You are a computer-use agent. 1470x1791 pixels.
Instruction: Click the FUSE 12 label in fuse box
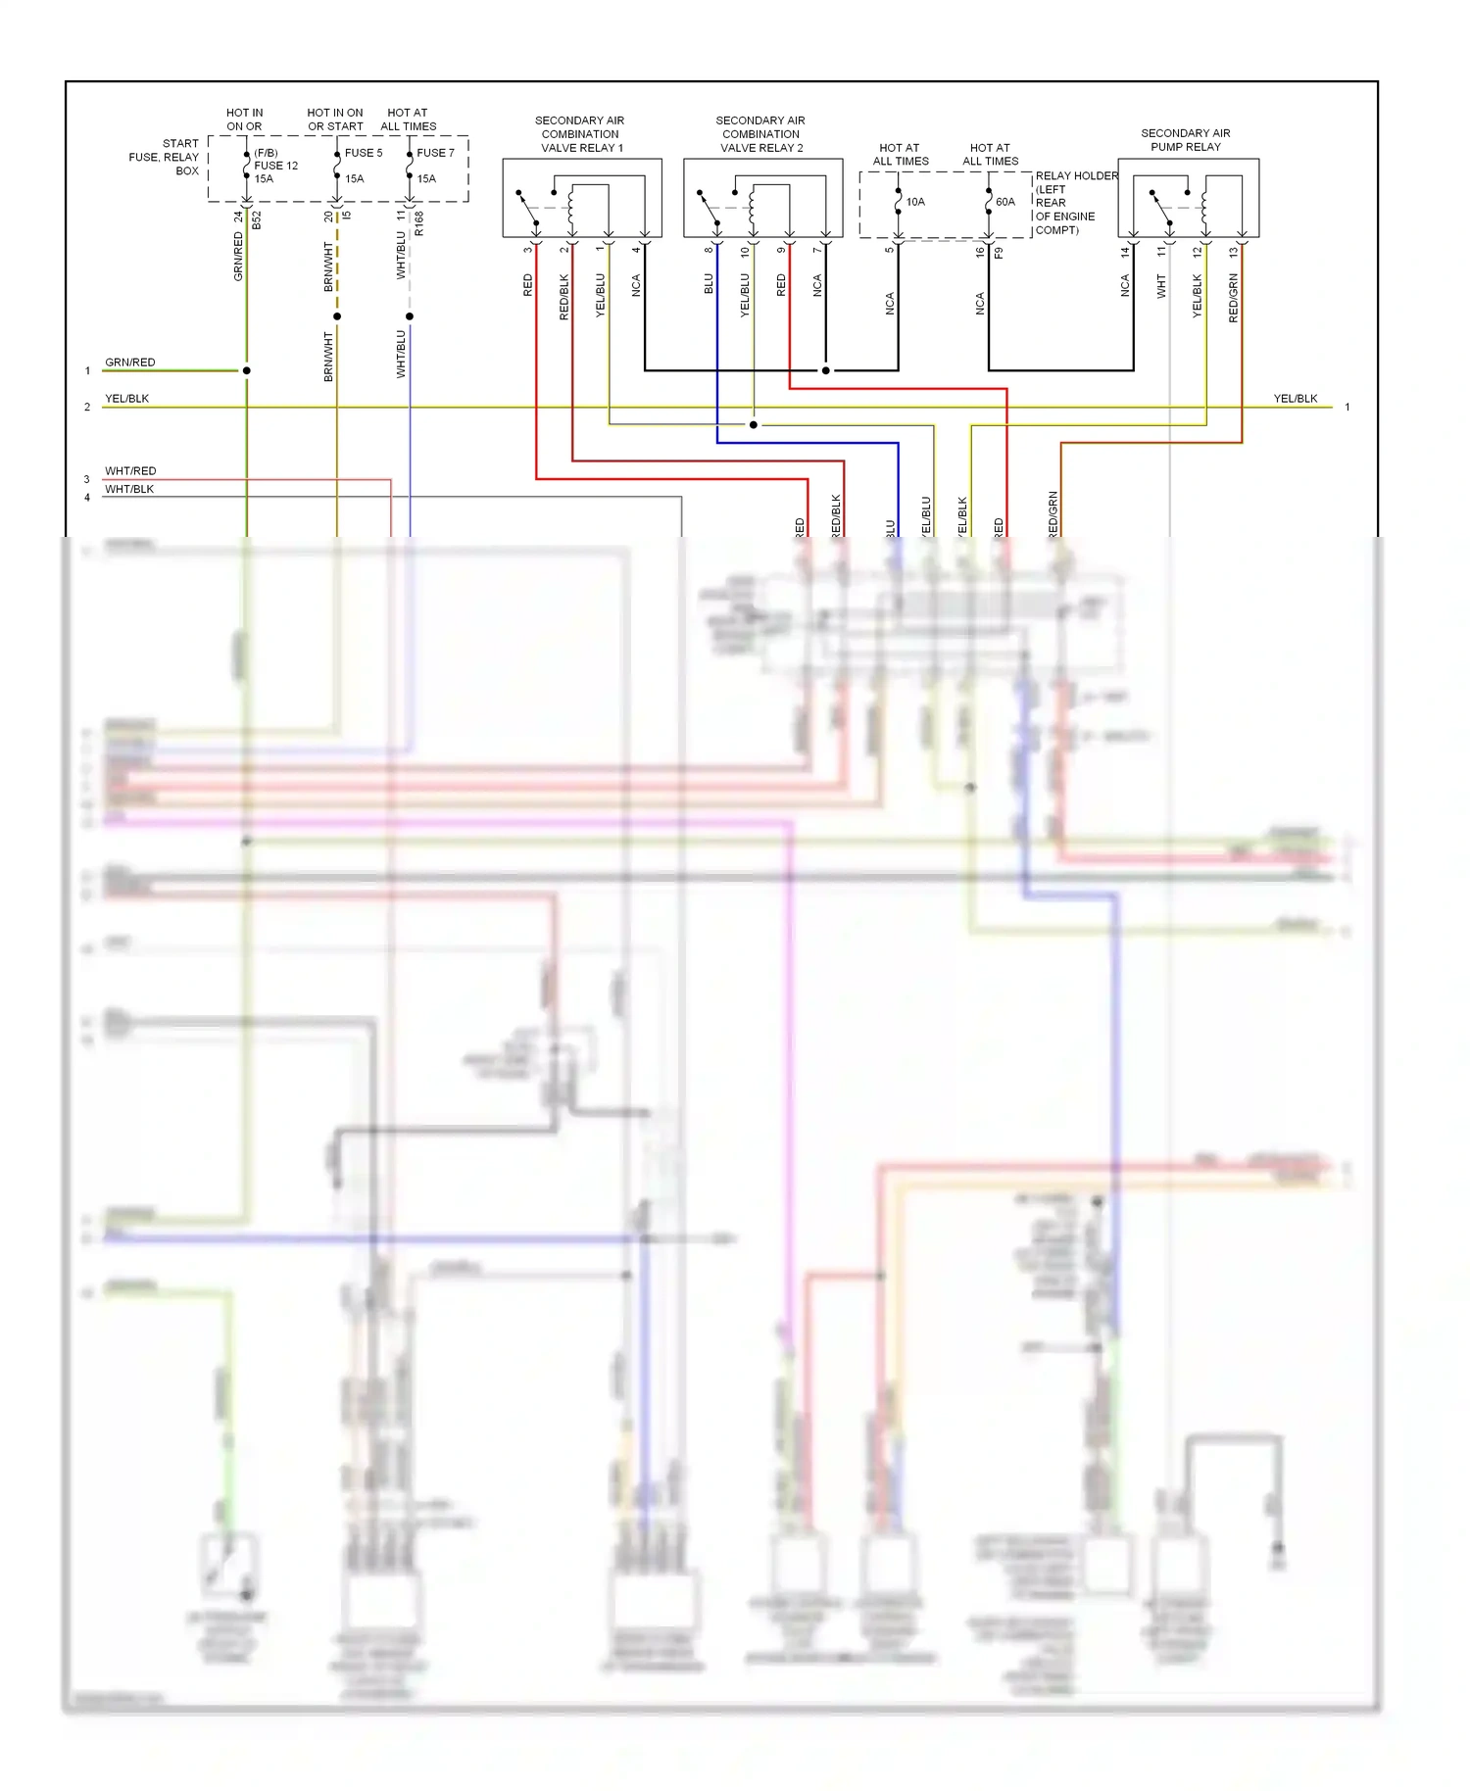pyautogui.click(x=275, y=166)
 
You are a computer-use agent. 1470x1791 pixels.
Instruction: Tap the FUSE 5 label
pyautogui.click(x=363, y=153)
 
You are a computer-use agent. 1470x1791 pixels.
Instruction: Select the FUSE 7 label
pyautogui.click(x=435, y=153)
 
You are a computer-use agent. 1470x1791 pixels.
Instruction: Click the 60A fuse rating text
pyautogui.click(x=1005, y=202)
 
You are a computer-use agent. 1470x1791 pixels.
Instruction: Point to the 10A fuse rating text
pyautogui.click(x=915, y=202)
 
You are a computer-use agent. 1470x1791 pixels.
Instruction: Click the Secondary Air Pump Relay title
pyautogui.click(x=1185, y=140)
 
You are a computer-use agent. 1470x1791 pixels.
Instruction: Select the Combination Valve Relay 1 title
pyautogui.click(x=580, y=134)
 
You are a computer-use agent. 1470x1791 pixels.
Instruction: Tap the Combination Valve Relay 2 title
pyautogui.click(x=760, y=134)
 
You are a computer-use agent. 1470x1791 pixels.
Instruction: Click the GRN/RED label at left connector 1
pyautogui.click(x=129, y=363)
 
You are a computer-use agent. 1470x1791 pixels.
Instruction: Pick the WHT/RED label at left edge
pyautogui.click(x=129, y=471)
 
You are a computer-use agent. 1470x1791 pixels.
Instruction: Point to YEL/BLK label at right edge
pyautogui.click(x=1295, y=399)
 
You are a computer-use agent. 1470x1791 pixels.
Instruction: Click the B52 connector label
pyautogui.click(x=257, y=219)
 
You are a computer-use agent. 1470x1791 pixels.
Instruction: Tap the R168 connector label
pyautogui.click(x=419, y=223)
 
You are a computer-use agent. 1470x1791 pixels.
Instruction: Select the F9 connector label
pyautogui.click(x=999, y=253)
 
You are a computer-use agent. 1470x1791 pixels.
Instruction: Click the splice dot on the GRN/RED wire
pyautogui.click(x=246, y=370)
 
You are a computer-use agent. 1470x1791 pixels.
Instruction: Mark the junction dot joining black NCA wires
pyautogui.click(x=825, y=370)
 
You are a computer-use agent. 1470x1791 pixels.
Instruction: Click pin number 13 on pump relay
pyautogui.click(x=1233, y=252)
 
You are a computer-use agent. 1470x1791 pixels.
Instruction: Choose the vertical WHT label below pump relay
pyautogui.click(x=1161, y=286)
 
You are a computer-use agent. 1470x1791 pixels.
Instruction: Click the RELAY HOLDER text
pyautogui.click(x=1076, y=176)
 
